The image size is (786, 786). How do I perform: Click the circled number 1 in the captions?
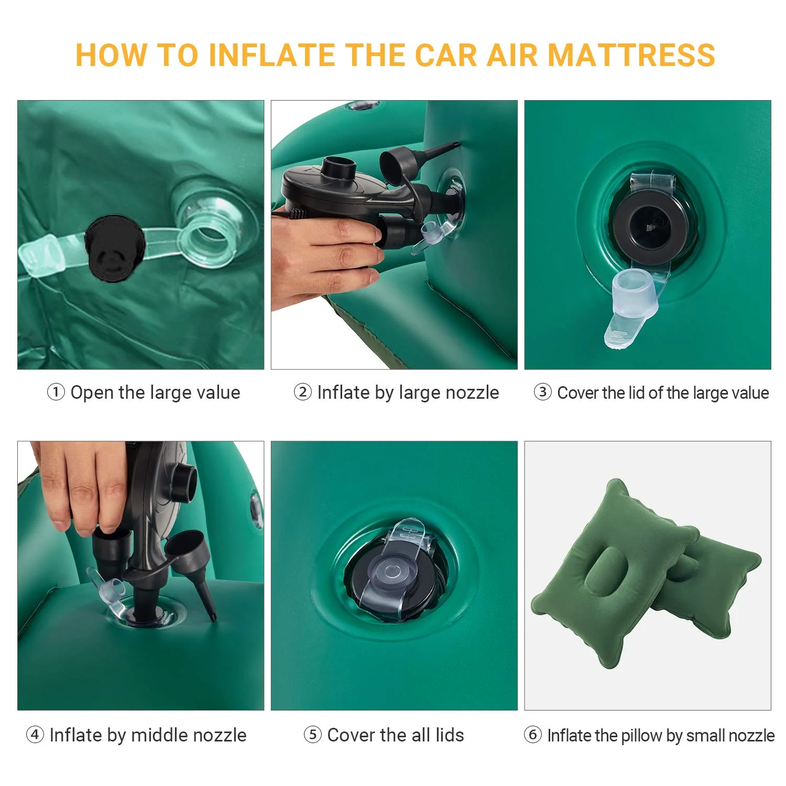click(x=56, y=392)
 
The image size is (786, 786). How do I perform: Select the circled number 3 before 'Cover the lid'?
click(x=542, y=392)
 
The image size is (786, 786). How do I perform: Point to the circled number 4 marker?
click(x=35, y=735)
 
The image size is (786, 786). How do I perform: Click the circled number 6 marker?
click(x=532, y=735)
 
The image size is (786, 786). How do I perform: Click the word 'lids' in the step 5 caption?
click(x=450, y=735)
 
